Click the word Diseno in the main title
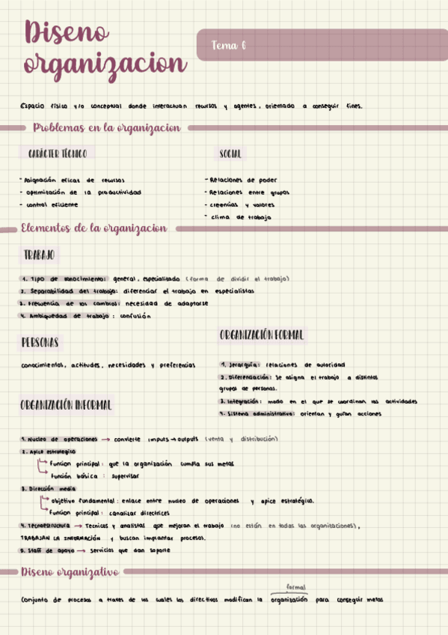coord(67,34)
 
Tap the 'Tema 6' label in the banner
coord(229,46)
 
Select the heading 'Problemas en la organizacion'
coord(107,128)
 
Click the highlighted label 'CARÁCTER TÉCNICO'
coord(57,154)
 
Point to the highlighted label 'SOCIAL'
coord(230,154)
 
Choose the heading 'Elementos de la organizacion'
coord(94,228)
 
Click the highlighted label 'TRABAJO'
coord(40,255)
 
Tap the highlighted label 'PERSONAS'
coord(40,342)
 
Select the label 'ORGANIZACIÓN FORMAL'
coord(263,335)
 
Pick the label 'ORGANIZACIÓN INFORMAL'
coord(67,405)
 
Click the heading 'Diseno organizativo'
coord(70,572)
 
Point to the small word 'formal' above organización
coord(296,588)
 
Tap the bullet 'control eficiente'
coord(51,204)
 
